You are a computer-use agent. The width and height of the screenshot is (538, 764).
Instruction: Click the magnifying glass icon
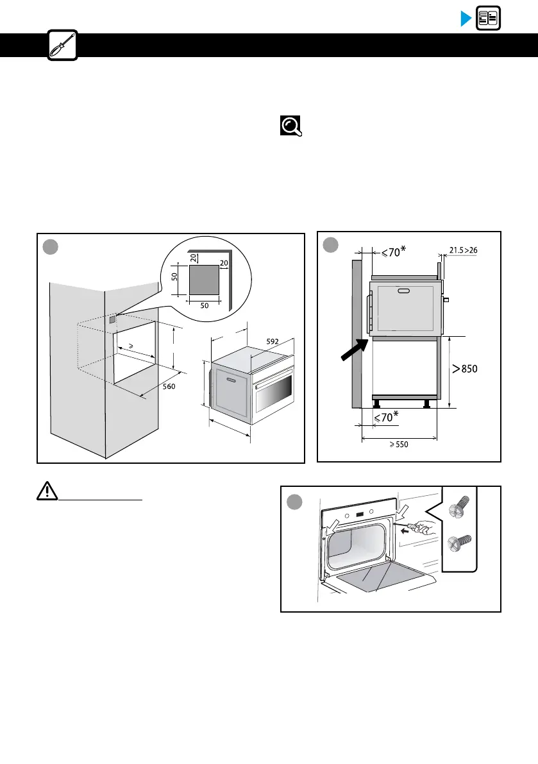tap(290, 126)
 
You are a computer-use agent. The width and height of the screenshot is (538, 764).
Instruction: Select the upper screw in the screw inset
tap(459, 511)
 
